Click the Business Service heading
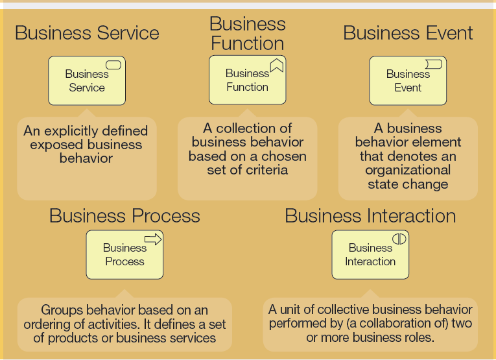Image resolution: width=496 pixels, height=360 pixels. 87,33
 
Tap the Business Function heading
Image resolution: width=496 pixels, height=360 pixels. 247,34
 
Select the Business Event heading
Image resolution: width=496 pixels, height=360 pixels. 408,33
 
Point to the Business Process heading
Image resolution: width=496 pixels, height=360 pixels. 124,216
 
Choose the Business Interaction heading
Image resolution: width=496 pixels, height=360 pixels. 370,216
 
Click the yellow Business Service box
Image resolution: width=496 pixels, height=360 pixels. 86,81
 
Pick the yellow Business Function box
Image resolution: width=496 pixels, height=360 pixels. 247,80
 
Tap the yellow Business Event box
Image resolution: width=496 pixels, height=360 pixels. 408,81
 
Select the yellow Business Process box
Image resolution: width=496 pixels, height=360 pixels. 124,255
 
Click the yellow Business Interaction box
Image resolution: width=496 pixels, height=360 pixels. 370,255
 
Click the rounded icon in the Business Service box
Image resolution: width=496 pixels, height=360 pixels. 113,65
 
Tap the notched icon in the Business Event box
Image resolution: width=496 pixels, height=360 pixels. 434,64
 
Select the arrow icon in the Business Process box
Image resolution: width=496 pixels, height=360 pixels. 153,240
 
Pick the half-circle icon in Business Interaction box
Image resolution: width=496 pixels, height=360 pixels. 399,239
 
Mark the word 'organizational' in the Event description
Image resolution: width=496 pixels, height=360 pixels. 408,170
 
